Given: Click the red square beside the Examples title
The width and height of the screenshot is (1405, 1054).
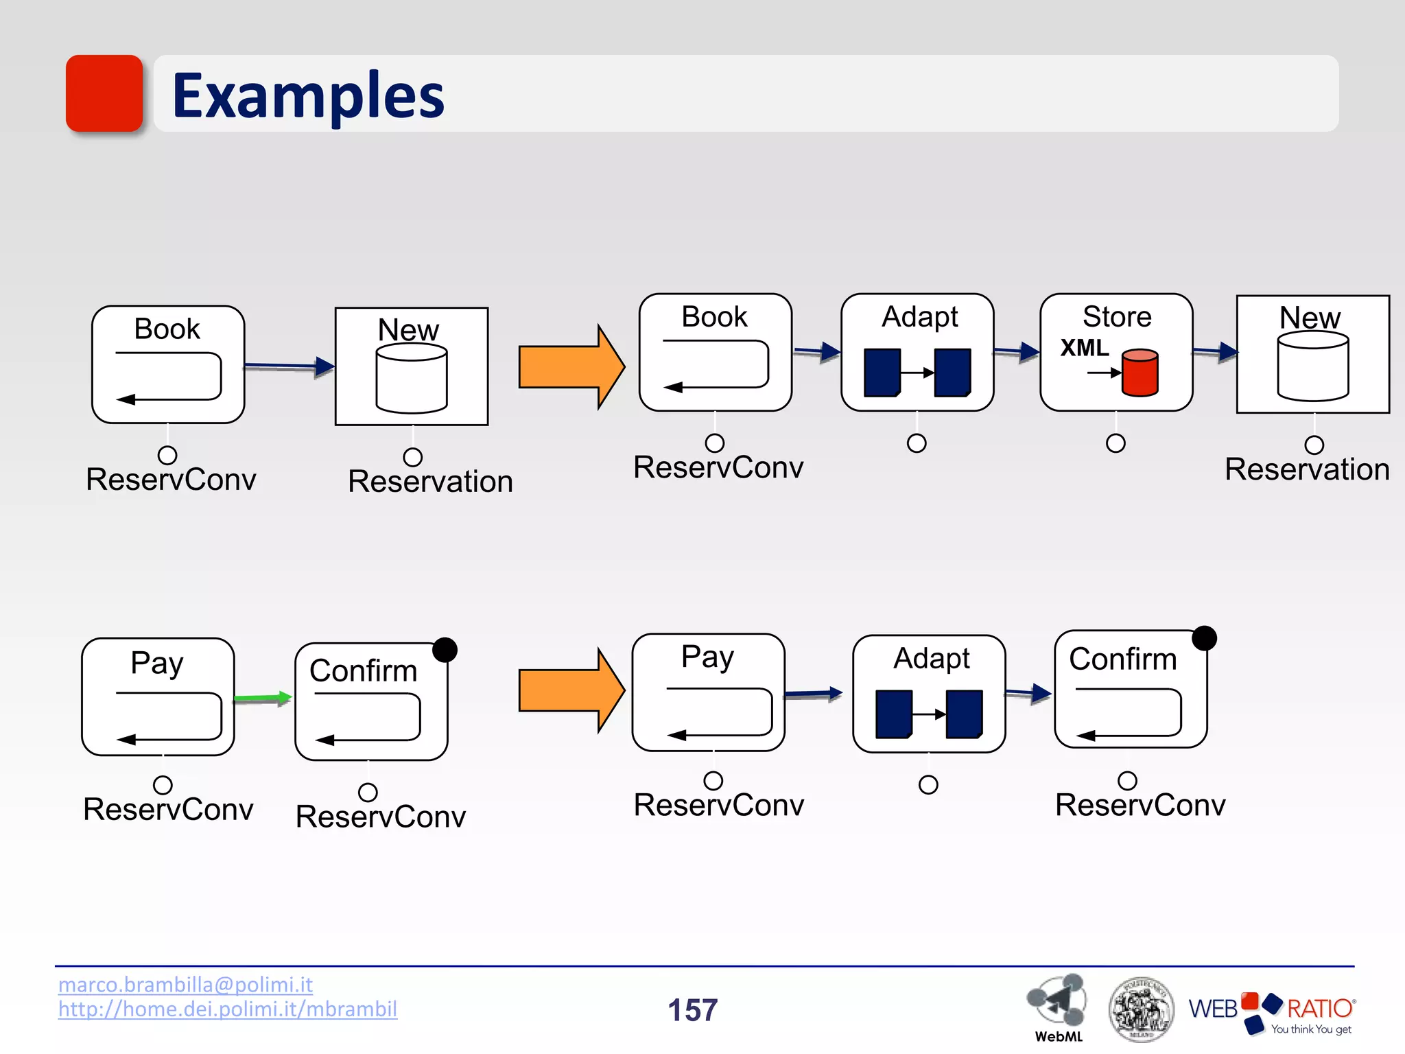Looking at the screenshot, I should click(x=104, y=93).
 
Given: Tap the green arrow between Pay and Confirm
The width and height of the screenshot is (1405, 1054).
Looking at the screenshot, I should click(x=263, y=699).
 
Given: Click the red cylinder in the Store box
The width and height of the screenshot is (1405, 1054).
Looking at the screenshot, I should click(x=1140, y=373).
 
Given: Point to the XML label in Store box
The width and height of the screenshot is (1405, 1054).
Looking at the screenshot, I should click(x=1084, y=348).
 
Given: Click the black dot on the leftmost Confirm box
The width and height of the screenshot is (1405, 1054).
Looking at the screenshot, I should click(x=445, y=649).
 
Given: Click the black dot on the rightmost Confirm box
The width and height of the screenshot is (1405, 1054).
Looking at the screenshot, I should click(x=1204, y=638).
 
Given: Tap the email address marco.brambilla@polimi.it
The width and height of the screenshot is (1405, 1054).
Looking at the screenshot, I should click(x=185, y=985).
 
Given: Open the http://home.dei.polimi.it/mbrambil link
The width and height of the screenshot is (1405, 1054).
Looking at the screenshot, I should click(x=227, y=1009).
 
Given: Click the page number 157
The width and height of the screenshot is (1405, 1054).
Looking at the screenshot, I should click(x=692, y=1010).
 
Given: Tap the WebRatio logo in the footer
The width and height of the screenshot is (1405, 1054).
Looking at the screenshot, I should click(x=1271, y=1011).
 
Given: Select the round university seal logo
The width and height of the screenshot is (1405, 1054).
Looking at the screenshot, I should click(x=1141, y=1009).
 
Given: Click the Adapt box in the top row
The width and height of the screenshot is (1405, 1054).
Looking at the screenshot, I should click(x=917, y=353).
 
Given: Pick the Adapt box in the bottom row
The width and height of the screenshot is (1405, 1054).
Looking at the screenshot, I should click(x=929, y=693).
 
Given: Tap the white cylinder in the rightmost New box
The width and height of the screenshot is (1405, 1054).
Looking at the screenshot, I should click(x=1312, y=366).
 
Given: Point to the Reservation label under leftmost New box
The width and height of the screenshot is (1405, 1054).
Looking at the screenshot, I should click(x=430, y=482).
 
